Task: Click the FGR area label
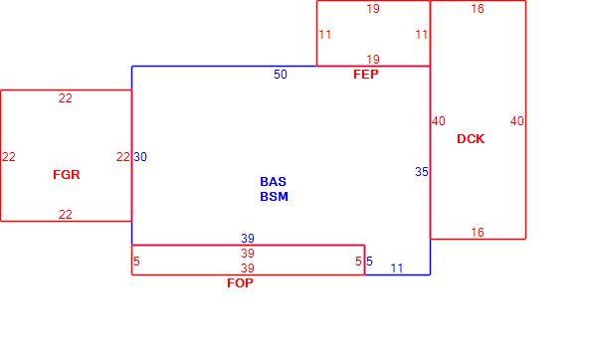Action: coord(67,175)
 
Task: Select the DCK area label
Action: coord(471,139)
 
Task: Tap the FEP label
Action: coord(366,75)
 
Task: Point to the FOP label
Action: coord(240,282)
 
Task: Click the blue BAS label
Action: coord(274,182)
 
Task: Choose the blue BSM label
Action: coord(274,196)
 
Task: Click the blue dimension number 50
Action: coord(281,75)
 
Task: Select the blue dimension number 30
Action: coord(140,157)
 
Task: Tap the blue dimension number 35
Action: coord(422,172)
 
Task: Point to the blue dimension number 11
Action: coord(397,269)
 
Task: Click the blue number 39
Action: coord(248,238)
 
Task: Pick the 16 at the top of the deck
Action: coord(478,9)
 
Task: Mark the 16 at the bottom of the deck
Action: coord(478,232)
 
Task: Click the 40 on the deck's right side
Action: coord(517,121)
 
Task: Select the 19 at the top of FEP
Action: coord(373,9)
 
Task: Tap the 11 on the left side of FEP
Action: coord(325,35)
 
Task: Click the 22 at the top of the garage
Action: coord(65,98)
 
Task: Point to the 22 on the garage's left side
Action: coord(9,157)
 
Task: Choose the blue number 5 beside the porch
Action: coord(369,262)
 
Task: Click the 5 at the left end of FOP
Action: coord(136,262)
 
